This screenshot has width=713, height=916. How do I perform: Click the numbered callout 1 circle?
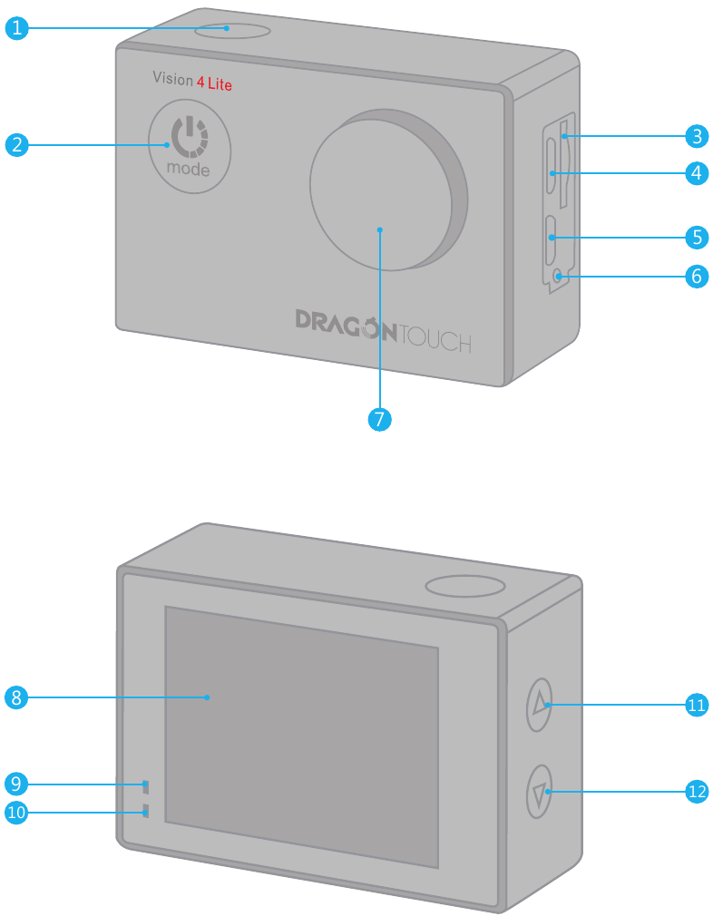click(x=16, y=28)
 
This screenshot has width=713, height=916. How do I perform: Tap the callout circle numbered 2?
click(x=16, y=144)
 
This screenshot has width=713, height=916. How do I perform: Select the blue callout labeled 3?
click(x=696, y=137)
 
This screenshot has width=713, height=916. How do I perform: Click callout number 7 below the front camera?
click(x=380, y=419)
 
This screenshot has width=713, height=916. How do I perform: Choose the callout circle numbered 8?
click(x=16, y=697)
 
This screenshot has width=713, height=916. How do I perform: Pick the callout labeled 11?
click(x=696, y=705)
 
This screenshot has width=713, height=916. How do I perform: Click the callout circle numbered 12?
click(x=696, y=791)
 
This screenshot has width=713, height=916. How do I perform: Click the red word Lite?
click(x=220, y=84)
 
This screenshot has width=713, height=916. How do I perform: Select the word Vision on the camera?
click(x=172, y=80)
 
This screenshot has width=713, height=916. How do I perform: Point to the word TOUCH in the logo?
click(x=435, y=341)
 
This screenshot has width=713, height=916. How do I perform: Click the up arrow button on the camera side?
click(x=540, y=705)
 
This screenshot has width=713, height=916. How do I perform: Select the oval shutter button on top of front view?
click(x=232, y=29)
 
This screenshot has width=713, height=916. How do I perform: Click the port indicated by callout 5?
click(x=551, y=238)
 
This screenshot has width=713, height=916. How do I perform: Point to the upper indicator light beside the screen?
click(x=145, y=785)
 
